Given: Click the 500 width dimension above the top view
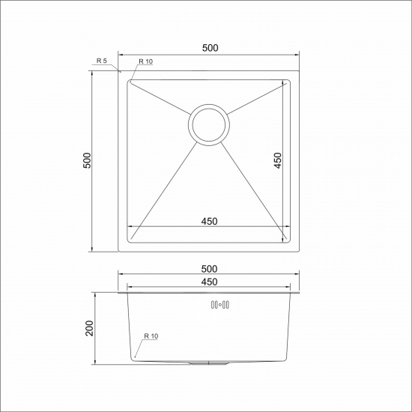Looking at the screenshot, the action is click(x=210, y=48).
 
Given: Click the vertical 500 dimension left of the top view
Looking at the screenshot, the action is click(x=87, y=160).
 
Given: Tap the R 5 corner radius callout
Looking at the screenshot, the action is click(x=102, y=61).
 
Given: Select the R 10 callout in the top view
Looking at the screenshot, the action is click(x=145, y=61).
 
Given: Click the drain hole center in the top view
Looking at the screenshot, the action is click(x=209, y=125).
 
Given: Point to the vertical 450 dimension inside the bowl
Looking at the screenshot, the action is click(x=277, y=160).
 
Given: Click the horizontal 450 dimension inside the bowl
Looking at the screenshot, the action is click(x=210, y=222).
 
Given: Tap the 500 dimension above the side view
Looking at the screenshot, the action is click(x=210, y=269).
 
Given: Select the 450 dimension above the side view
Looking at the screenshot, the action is click(x=210, y=282).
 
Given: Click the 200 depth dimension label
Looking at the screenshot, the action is click(x=89, y=328).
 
